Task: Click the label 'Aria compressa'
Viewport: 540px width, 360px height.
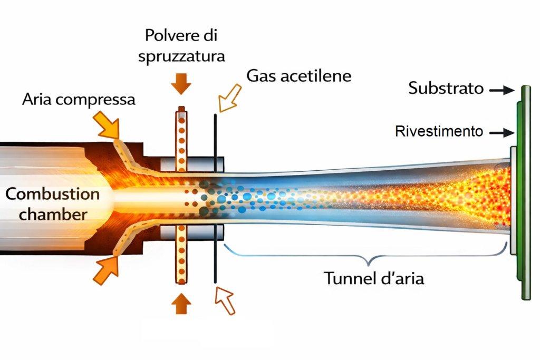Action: [x=79, y=100]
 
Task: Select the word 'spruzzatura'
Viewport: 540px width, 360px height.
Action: [x=181, y=56]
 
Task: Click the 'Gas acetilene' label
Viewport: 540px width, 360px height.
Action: [x=298, y=75]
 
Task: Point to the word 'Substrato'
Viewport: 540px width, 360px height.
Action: [x=446, y=88]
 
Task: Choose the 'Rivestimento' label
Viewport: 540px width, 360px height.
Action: [x=439, y=131]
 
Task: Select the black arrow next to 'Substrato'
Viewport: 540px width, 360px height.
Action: [x=501, y=91]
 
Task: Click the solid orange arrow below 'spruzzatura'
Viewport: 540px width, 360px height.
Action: [x=181, y=85]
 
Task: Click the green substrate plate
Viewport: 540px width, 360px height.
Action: [x=525, y=192]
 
